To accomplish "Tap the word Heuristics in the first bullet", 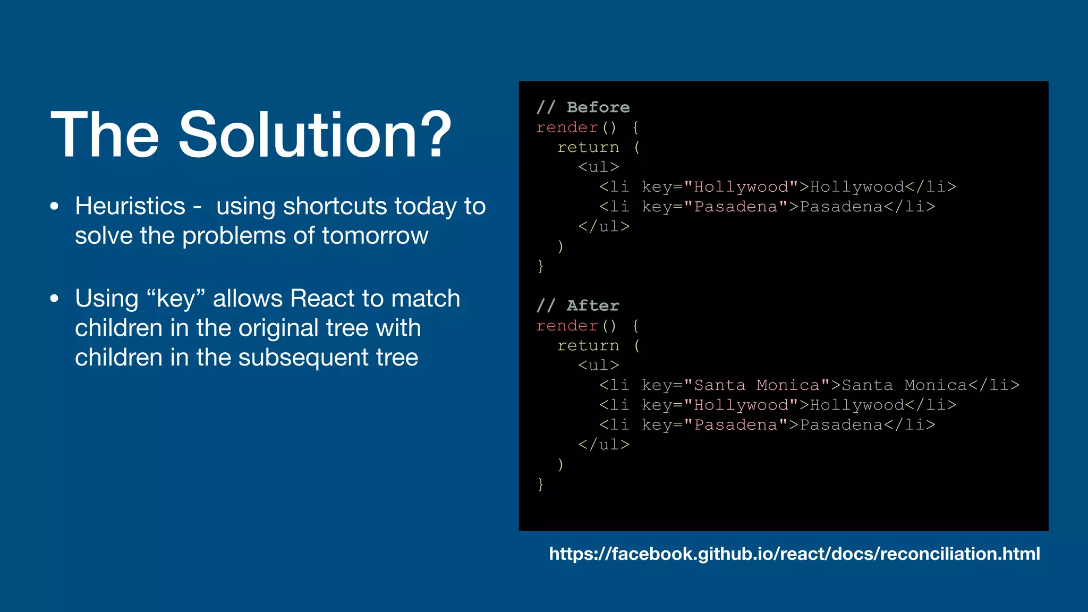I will pos(130,206).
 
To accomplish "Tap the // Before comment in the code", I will pos(583,107).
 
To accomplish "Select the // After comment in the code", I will pos(577,305).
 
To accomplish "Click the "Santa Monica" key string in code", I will pos(756,385).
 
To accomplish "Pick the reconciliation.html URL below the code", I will pos(794,554).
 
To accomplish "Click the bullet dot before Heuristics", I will pos(54,207).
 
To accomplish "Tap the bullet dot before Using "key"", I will pos(54,299).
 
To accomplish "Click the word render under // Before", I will pos(567,127).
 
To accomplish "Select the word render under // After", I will pos(567,326).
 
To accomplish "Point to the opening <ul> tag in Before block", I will pos(598,167).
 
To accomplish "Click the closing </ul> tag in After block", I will pos(603,445).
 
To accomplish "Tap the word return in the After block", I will pos(588,346).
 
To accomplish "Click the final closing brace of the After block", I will pos(540,484).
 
